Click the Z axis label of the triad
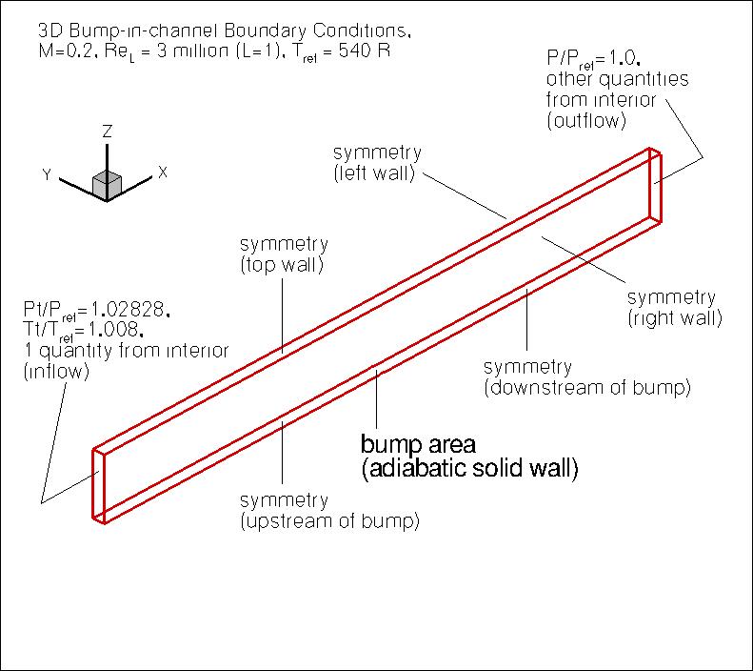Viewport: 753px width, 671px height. click(x=109, y=130)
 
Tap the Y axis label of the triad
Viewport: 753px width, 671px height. click(x=46, y=174)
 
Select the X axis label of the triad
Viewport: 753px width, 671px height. click(x=163, y=173)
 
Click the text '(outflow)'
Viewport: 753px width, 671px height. click(x=585, y=121)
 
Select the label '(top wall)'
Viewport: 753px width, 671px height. click(x=282, y=266)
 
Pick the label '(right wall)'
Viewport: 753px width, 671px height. click(x=674, y=316)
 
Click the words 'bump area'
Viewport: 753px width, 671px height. click(x=424, y=445)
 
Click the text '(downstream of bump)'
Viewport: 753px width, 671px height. click(x=586, y=388)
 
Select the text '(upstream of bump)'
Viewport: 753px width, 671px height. click(x=330, y=521)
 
